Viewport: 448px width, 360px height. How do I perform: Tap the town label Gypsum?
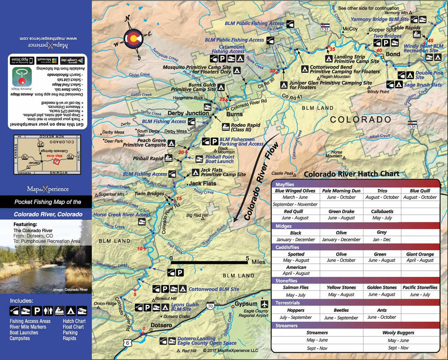(x=243, y=304)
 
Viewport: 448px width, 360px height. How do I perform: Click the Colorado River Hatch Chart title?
(x=351, y=174)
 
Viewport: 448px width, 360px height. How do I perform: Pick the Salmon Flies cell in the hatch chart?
(x=296, y=287)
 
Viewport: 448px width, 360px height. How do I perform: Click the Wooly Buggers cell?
(x=399, y=333)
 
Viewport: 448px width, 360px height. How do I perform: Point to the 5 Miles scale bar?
(x=210, y=262)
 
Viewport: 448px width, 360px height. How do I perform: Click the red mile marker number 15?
(x=179, y=198)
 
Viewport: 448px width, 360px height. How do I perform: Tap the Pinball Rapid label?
(x=147, y=158)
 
